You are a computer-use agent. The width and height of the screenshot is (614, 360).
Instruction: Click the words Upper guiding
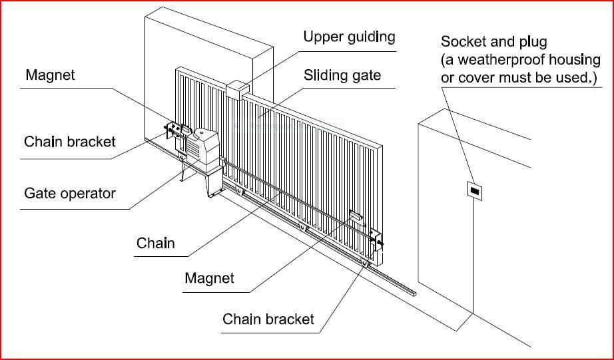[x=348, y=37]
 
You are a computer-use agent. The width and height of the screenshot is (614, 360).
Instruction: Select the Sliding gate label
[x=342, y=75]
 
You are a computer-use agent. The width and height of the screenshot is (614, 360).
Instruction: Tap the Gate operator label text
[x=69, y=194]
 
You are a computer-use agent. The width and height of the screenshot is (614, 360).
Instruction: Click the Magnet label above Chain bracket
[x=50, y=75]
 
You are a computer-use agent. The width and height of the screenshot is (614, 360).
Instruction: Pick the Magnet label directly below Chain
[x=209, y=277]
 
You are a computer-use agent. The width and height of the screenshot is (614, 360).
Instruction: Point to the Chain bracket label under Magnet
[x=268, y=319]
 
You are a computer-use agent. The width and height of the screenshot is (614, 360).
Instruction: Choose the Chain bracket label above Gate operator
[x=69, y=142]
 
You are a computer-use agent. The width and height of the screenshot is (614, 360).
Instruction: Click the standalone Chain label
[x=155, y=243]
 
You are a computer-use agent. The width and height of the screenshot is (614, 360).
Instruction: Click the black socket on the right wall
[x=473, y=191]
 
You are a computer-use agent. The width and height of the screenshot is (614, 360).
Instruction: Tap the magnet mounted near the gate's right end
[x=355, y=216]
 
